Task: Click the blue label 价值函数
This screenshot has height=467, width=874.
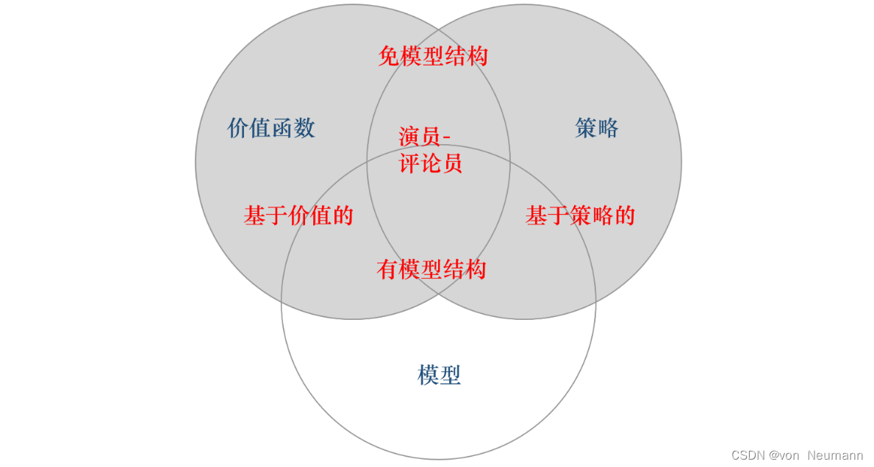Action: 271,128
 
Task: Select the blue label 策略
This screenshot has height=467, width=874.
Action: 596,129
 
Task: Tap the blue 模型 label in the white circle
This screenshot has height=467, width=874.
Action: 439,375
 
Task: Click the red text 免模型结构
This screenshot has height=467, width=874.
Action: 433,56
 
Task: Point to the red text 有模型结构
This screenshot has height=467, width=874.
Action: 431,269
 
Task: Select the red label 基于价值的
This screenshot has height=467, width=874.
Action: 298,215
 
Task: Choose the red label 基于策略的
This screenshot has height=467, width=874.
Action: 580,215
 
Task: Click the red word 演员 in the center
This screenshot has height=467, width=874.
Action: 420,138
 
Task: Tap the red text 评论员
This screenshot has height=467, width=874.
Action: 431,163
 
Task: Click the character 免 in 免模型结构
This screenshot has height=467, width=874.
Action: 389,56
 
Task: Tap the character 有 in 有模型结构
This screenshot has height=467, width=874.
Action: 387,269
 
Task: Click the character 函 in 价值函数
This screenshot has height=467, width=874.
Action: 282,128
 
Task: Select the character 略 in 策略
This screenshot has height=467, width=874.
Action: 607,129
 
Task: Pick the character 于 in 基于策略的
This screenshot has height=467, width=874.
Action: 558,215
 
